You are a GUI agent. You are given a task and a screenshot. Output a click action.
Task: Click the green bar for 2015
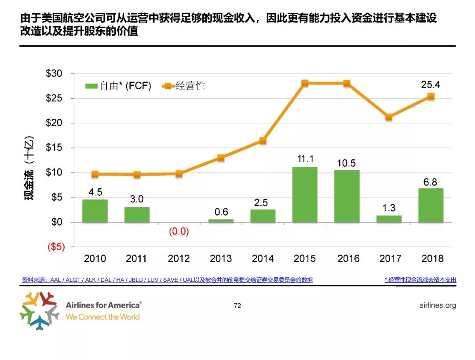pos(305,195)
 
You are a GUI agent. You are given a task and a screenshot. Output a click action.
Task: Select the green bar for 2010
pos(95,211)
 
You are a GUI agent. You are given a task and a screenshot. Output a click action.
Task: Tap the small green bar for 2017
pos(389,219)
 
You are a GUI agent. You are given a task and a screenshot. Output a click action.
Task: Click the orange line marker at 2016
pos(347,83)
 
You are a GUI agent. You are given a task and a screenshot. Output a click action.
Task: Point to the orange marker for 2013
pos(221,158)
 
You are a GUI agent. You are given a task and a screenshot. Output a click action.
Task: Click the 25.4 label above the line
pos(431,84)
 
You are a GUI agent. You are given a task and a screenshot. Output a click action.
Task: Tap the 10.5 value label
pos(347,163)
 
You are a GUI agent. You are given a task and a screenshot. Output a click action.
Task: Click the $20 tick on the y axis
pos(55,123)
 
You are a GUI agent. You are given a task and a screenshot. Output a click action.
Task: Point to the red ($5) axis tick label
pos(56,247)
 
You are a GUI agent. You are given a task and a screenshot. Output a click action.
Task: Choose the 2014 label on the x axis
pos(263,259)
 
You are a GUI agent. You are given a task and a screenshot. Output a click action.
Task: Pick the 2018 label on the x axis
pos(431,259)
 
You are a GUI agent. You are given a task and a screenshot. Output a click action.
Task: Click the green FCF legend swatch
pos(91,86)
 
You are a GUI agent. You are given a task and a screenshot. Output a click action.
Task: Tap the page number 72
pos(237,306)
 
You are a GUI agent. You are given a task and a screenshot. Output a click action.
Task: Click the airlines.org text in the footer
pos(435,305)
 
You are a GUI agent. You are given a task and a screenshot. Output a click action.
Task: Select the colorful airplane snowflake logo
pos(39,311)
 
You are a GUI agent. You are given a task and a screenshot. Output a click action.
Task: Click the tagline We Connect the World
pos(102,317)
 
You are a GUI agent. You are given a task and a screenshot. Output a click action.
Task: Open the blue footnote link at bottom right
pos(420,279)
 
